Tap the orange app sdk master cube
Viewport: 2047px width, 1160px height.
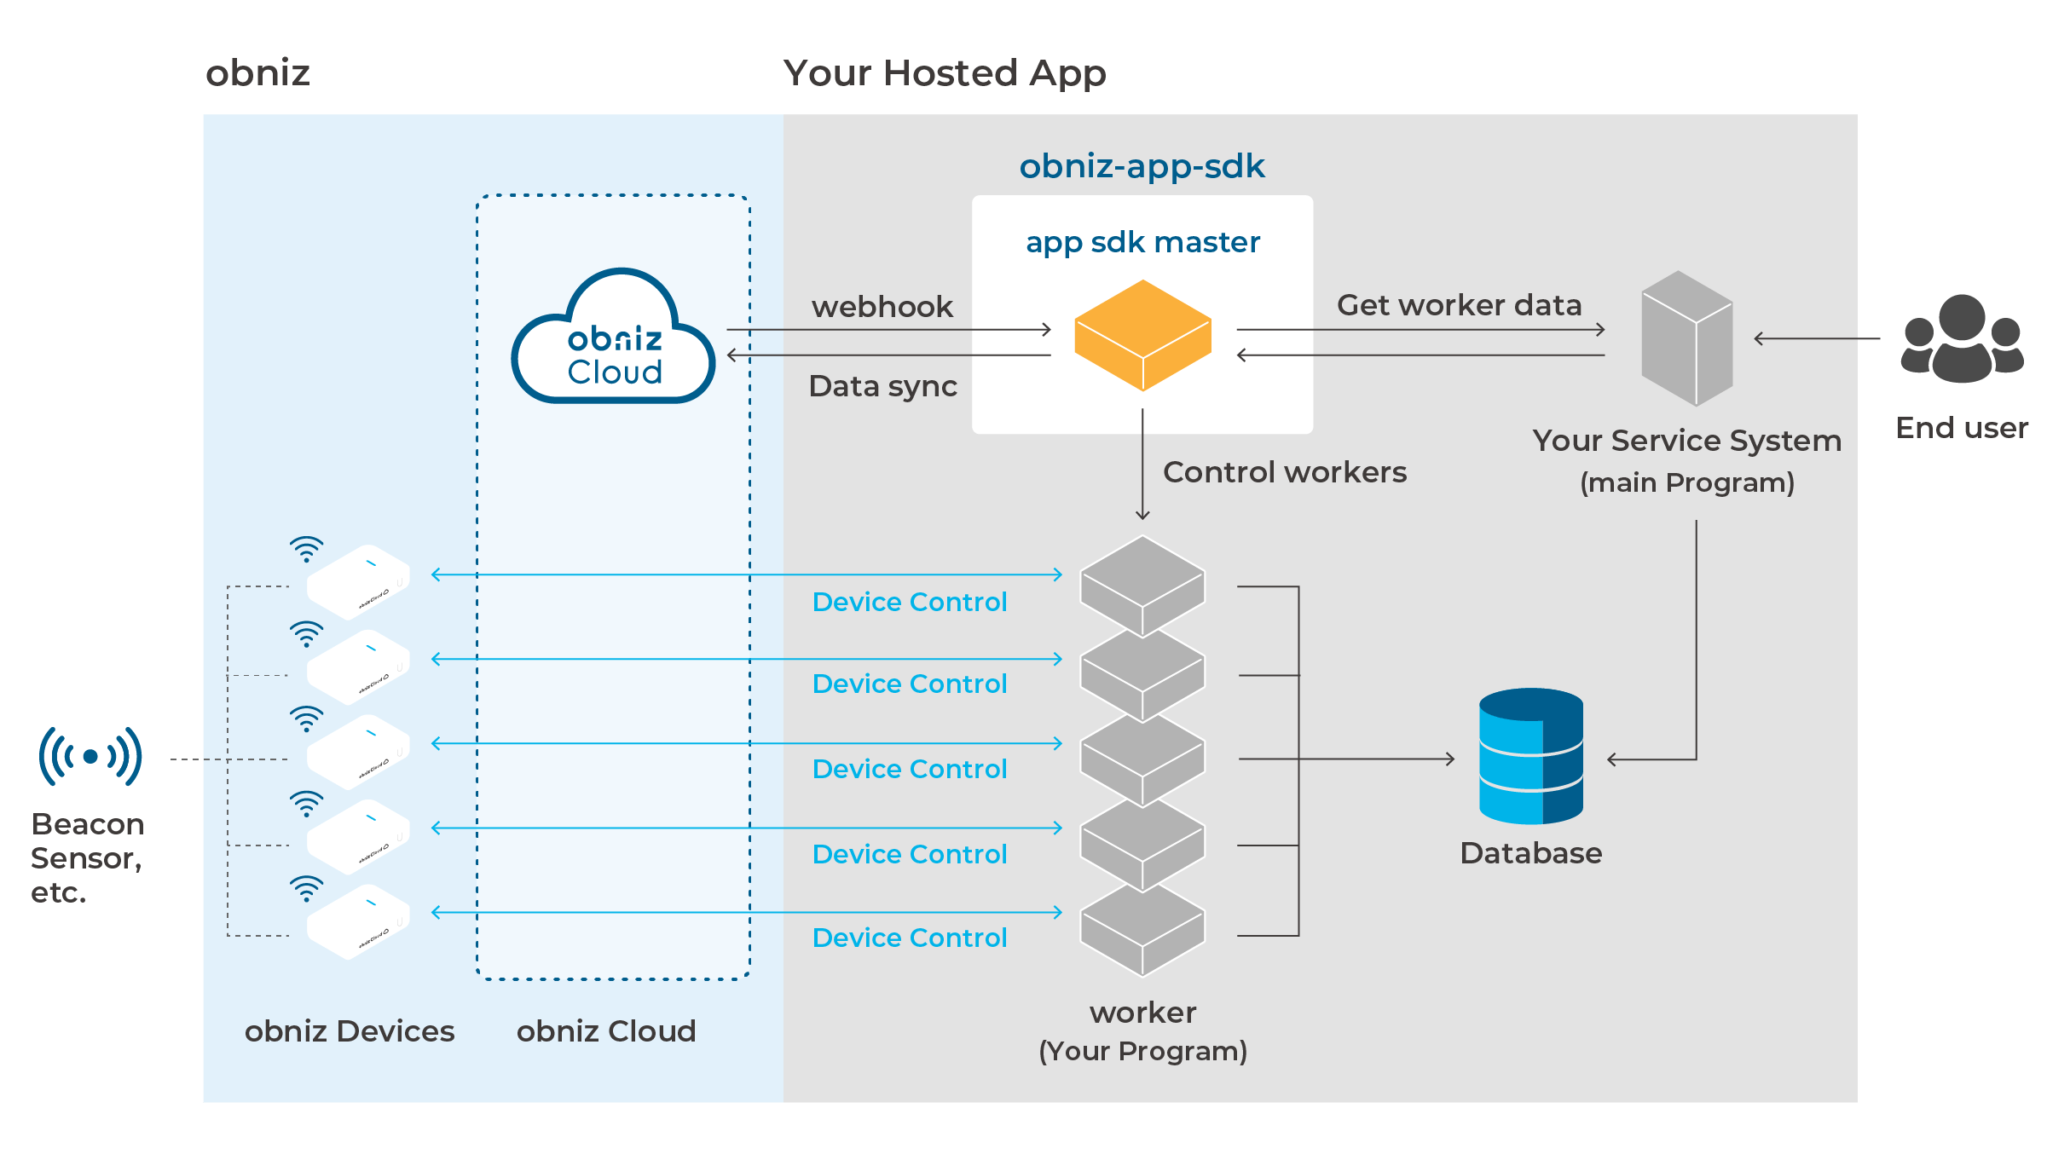pyautogui.click(x=1142, y=335)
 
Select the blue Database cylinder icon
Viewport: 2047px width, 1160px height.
pyautogui.click(x=1530, y=756)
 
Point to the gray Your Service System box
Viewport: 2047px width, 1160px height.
pyautogui.click(x=1686, y=338)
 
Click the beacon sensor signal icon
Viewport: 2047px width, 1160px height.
pyautogui.click(x=90, y=756)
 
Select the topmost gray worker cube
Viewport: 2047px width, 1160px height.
pyautogui.click(x=1142, y=584)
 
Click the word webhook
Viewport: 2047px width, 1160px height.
pyautogui.click(x=882, y=307)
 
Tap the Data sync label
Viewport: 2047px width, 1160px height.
pyautogui.click(x=882, y=386)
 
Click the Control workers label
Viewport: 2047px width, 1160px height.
pyautogui.click(x=1284, y=472)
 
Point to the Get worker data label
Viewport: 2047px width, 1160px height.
pyautogui.click(x=1459, y=305)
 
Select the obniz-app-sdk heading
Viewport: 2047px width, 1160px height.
pyautogui.click(x=1142, y=166)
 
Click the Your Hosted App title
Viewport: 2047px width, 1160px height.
pyautogui.click(x=944, y=73)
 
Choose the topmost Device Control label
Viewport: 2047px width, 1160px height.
pyautogui.click(x=910, y=603)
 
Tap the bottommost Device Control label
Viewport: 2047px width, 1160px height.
pyautogui.click(x=910, y=938)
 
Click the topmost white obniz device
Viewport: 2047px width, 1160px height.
pyautogui.click(x=358, y=581)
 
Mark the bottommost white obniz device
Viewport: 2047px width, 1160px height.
pyautogui.click(x=358, y=921)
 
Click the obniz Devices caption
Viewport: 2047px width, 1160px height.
pyautogui.click(x=349, y=1031)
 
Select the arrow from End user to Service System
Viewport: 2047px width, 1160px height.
pyautogui.click(x=1817, y=339)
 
